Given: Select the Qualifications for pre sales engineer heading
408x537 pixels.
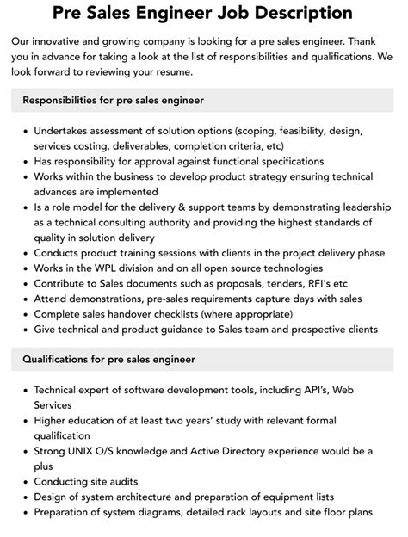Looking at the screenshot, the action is [108, 359].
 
